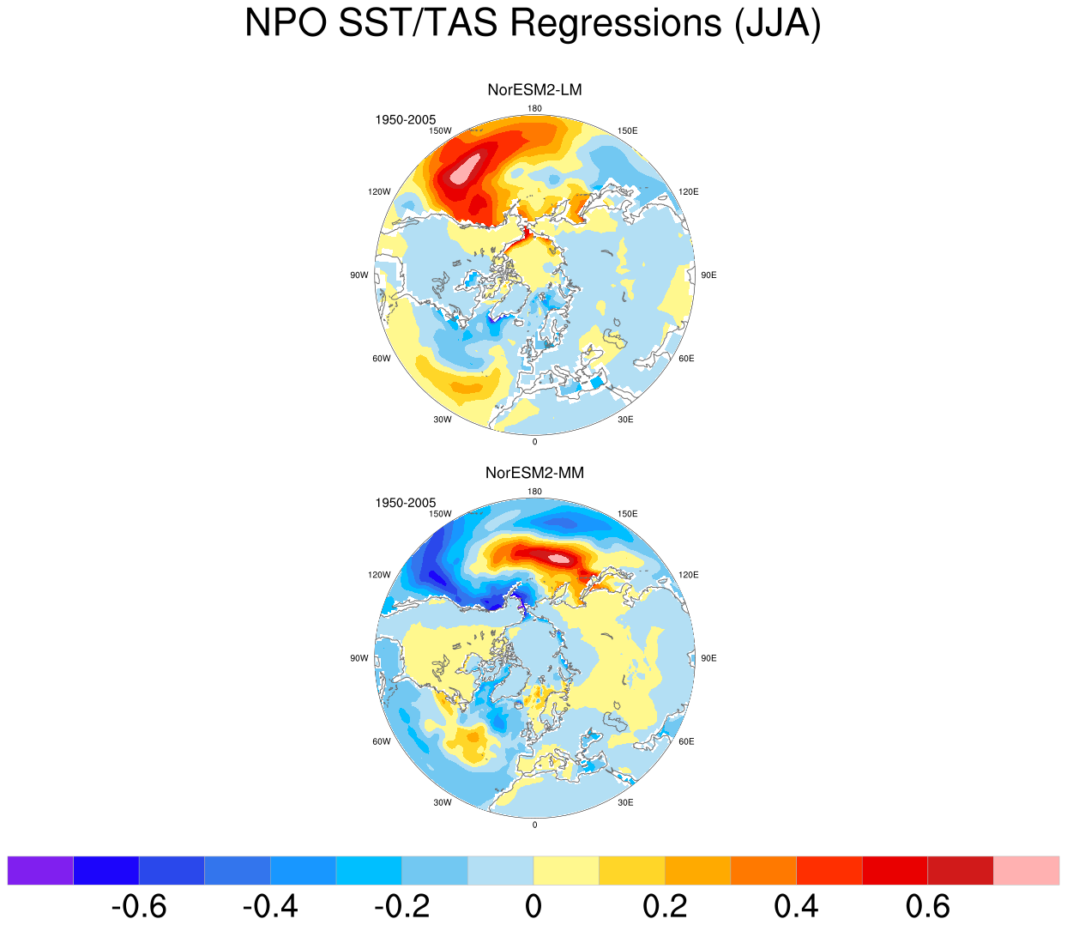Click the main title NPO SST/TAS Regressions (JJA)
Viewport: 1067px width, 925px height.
533,23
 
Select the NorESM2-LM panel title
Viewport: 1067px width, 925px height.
534,90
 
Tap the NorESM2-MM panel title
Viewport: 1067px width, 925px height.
534,473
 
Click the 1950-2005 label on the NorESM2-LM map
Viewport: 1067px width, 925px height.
405,120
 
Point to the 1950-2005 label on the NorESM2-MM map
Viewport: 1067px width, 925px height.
405,503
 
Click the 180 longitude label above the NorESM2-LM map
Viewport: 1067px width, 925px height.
534,108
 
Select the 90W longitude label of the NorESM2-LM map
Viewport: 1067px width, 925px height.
359,275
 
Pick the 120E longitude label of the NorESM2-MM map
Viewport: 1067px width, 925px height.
688,575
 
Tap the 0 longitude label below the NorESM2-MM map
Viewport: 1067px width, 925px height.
534,825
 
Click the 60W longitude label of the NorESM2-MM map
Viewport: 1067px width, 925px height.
382,741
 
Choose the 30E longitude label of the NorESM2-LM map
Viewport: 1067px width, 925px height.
625,420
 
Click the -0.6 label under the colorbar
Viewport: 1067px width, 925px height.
139,906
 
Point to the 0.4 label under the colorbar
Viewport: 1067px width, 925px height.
796,906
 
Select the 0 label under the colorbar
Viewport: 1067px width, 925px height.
533,906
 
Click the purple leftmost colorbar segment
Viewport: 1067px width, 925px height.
40,871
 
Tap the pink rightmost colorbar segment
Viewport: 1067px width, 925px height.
1026,871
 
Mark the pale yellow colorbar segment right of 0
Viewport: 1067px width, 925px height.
566,871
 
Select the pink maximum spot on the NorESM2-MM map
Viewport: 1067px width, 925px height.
559,559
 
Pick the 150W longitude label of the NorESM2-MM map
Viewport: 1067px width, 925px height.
440,514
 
